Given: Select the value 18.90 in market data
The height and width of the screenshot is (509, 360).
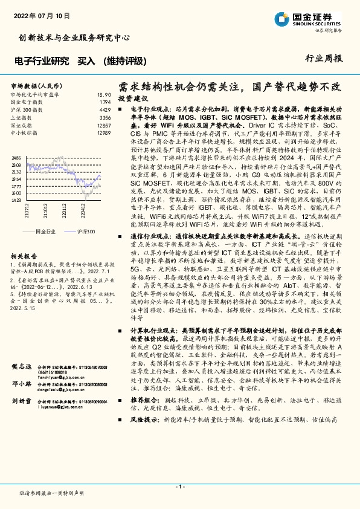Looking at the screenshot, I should pos(104,95).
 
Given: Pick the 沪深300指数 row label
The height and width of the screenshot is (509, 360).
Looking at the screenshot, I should pos(25,110).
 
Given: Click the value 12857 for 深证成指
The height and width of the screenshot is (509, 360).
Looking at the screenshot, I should pos(103,125).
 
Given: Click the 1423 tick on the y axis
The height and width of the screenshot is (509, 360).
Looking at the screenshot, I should pos(16,216).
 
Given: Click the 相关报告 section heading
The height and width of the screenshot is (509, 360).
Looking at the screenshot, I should pos(23,256).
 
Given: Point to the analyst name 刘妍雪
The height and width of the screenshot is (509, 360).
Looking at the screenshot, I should pos(21,401).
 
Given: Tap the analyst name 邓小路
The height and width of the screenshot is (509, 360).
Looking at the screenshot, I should pos(21,384).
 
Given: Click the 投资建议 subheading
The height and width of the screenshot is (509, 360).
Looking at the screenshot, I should pos(132,98).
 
